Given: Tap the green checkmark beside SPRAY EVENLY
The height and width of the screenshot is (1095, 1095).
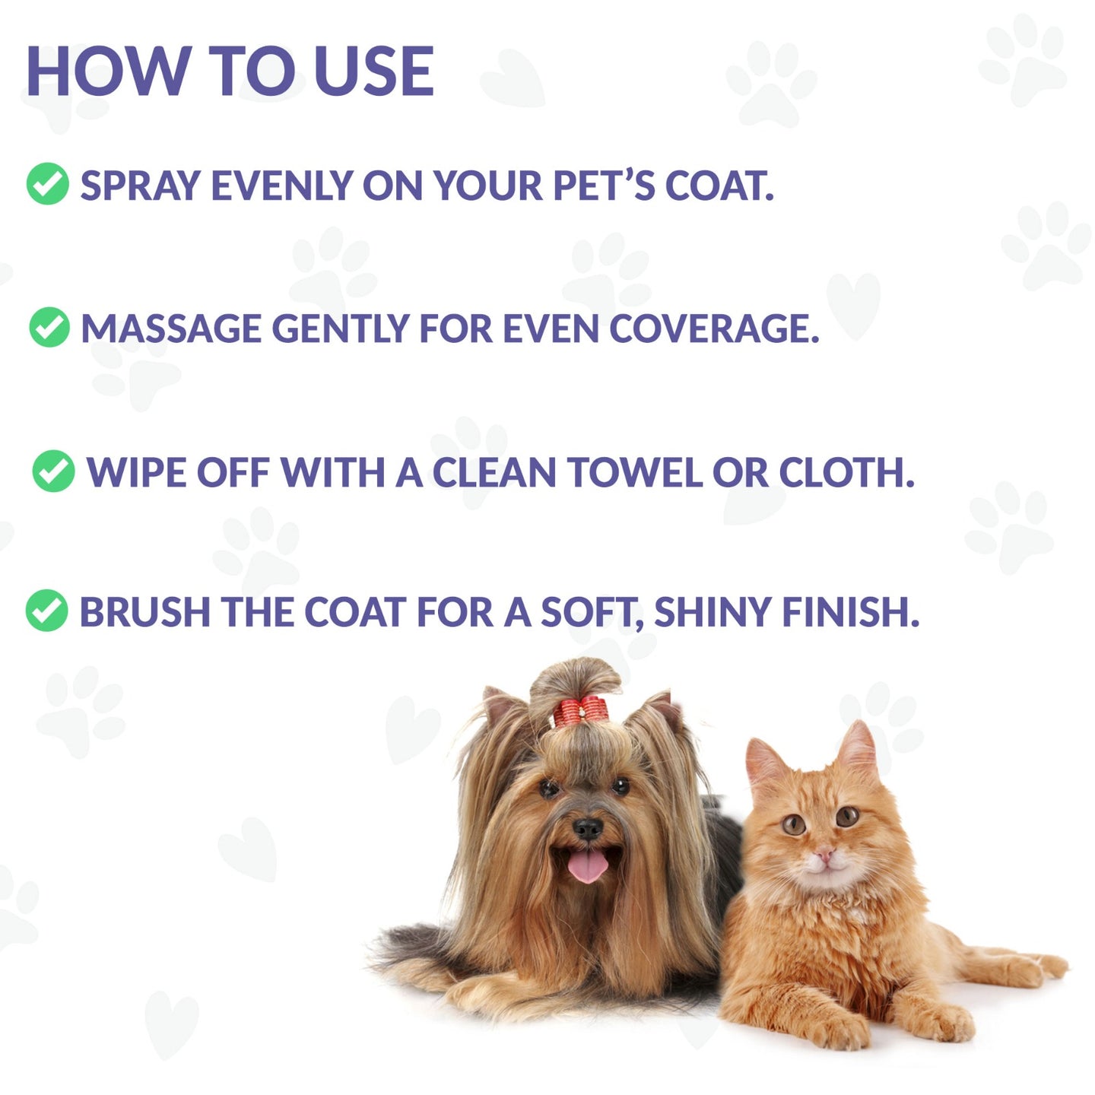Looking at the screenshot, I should [48, 184].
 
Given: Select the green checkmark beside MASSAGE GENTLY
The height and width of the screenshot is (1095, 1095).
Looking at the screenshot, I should [50, 328].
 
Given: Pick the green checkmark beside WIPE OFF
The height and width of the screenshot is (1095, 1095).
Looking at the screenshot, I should [53, 471].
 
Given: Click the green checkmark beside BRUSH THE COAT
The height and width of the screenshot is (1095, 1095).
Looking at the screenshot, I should [47, 611].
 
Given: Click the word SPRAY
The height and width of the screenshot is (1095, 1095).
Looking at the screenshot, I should [140, 186].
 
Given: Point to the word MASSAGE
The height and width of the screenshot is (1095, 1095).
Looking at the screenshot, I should [171, 328].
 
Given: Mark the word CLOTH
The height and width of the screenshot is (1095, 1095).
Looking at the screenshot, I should [846, 472].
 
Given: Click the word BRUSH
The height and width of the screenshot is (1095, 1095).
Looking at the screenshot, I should [144, 612].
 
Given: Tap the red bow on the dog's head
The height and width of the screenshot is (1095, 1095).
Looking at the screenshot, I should [579, 711].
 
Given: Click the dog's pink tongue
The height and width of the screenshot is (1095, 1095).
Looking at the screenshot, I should [588, 865].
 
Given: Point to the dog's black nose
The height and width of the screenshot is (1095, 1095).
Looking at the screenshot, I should [588, 827].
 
